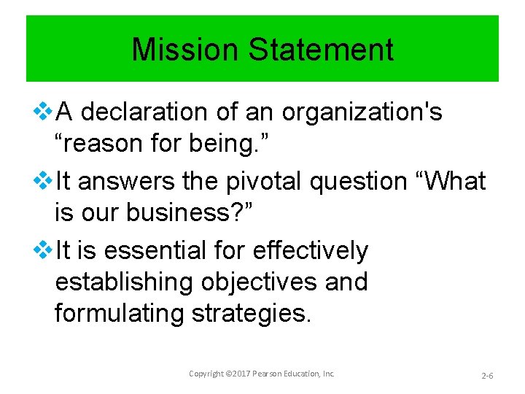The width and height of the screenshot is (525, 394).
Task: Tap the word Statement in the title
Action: pyautogui.click(x=321, y=50)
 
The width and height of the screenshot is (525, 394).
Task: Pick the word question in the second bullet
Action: pyautogui.click(x=359, y=181)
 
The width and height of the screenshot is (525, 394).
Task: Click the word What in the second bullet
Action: pyautogui.click(x=452, y=181)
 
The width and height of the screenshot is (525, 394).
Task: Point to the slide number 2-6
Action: pyautogui.click(x=487, y=375)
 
